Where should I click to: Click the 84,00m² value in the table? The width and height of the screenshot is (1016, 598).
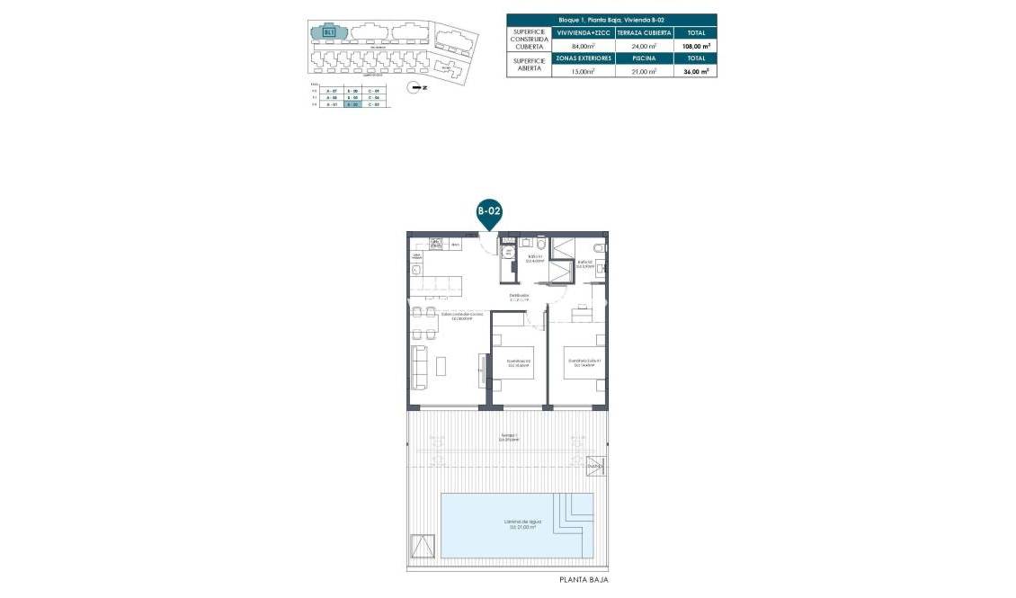pos(584,45)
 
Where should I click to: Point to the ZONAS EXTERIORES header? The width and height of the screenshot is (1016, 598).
pos(584,58)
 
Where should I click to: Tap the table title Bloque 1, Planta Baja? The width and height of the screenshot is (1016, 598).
pos(611,19)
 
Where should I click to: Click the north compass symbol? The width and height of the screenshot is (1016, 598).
pos(414,87)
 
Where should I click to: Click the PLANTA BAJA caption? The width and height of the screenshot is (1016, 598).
pos(584,581)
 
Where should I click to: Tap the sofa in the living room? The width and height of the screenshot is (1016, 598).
pos(419,367)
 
